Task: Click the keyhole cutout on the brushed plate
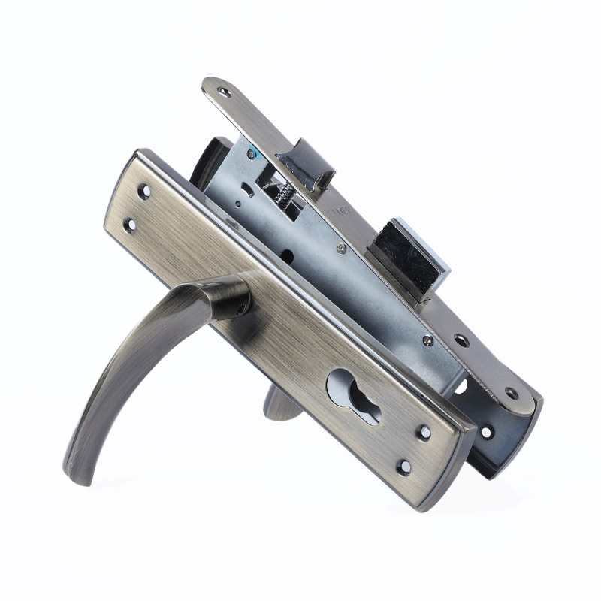352,395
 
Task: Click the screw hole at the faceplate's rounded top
225,93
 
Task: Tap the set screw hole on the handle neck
242,307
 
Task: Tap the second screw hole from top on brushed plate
131,223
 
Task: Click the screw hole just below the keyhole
424,433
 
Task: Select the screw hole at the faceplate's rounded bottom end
512,393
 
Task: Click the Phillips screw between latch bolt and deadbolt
342,248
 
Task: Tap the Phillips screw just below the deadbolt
427,340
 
